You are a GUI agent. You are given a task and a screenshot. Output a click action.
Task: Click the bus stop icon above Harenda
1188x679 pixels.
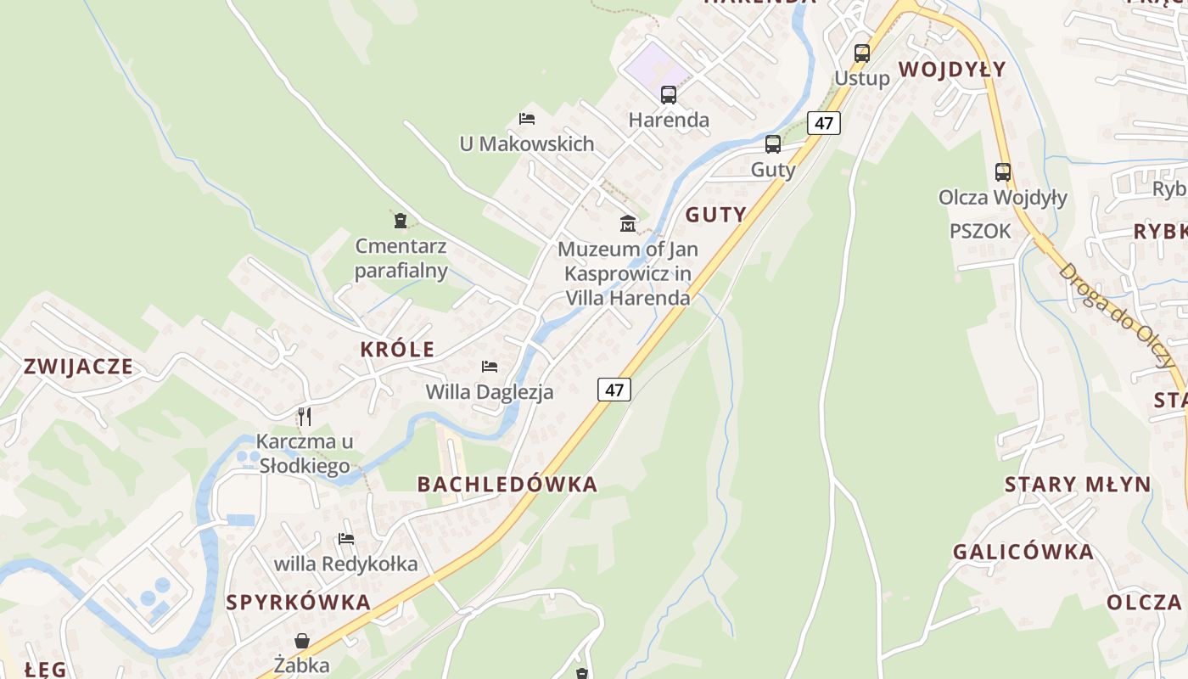(x=669, y=94)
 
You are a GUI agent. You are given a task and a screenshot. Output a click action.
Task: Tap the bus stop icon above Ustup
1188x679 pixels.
(x=862, y=53)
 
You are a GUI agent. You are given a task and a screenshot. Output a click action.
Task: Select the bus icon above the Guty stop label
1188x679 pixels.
(x=773, y=143)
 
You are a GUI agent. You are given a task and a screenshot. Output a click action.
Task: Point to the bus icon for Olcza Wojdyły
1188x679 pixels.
(x=1003, y=171)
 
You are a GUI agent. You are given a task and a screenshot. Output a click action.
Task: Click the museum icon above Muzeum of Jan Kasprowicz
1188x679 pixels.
(x=628, y=223)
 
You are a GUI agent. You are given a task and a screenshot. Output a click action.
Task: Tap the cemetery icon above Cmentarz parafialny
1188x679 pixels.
(x=401, y=222)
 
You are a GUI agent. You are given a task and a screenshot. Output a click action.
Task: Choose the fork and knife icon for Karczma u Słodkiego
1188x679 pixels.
(x=305, y=416)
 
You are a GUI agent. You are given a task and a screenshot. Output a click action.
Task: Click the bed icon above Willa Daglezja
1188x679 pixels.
(x=490, y=367)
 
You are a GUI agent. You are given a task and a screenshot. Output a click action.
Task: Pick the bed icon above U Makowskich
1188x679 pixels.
(x=527, y=119)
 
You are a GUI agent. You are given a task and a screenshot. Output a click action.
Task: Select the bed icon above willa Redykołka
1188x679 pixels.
(x=346, y=538)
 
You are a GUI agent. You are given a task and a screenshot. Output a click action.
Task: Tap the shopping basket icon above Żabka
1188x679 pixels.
(x=302, y=640)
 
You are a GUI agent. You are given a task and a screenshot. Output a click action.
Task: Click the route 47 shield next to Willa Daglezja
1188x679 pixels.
(x=614, y=390)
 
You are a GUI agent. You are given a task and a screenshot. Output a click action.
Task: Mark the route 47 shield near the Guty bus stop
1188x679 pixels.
(x=823, y=123)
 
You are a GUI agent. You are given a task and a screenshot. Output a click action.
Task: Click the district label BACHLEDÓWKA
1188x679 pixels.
(x=507, y=485)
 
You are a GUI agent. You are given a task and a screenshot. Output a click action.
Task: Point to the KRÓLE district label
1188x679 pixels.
(x=397, y=349)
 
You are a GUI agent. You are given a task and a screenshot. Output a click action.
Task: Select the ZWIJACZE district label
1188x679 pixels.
(x=78, y=367)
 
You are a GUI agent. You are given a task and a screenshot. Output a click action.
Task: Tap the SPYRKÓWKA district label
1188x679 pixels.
(x=299, y=603)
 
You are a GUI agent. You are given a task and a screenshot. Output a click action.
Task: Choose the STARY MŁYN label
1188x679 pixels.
(x=1078, y=485)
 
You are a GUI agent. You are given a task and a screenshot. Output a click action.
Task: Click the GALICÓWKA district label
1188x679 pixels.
(x=1023, y=552)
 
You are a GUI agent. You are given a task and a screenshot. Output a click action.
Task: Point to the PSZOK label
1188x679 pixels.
(x=980, y=231)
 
